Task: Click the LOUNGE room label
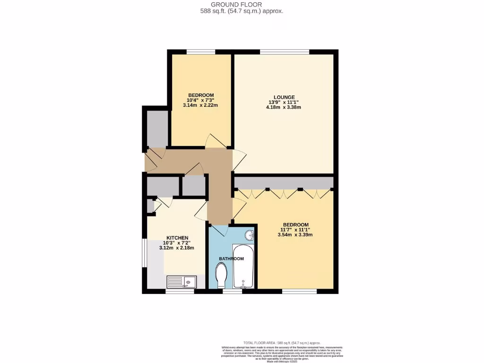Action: [x=283, y=97]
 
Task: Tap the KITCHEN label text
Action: [x=177, y=238]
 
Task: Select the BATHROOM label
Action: [x=231, y=259]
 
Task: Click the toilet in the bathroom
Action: [x=221, y=275]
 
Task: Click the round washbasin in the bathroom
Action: [x=250, y=235]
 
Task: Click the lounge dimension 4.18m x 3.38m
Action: [x=283, y=107]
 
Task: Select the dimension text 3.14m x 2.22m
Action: [x=200, y=105]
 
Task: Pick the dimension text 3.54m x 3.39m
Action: [x=295, y=234]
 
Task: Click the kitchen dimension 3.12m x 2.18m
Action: [x=177, y=248]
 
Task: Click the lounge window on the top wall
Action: [x=284, y=52]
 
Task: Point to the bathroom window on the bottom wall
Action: [x=232, y=291]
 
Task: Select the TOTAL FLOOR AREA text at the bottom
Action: [x=281, y=343]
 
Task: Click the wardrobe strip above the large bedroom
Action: [x=284, y=183]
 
